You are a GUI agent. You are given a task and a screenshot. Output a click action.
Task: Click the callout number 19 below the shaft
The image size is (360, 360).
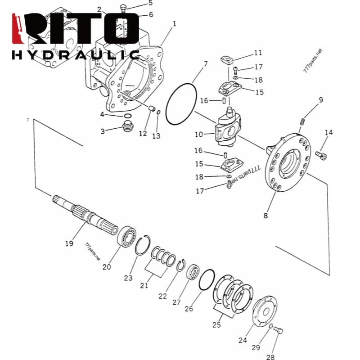pos(69,243)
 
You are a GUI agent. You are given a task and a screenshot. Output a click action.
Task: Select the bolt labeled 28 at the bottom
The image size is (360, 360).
pos(278,330)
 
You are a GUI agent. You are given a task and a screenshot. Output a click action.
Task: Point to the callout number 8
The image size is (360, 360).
pos(265,216)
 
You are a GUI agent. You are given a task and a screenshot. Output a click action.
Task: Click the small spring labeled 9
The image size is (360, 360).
pos(302,121)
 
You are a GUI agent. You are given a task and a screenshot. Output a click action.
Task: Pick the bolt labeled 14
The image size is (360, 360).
pos(321,155)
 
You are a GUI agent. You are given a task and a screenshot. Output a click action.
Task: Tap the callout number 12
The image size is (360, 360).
pos(143,133)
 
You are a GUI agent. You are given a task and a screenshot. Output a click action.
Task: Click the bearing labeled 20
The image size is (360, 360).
pos(126,237)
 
